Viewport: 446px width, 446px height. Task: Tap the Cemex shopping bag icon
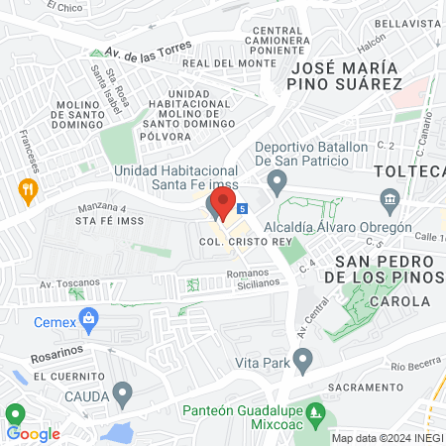click(90, 318)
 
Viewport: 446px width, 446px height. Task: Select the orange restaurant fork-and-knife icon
click(28, 187)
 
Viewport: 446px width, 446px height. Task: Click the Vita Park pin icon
click(303, 358)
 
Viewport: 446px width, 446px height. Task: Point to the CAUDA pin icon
click(122, 394)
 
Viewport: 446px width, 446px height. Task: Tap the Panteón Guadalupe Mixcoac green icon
click(316, 409)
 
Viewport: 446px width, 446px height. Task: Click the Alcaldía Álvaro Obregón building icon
click(390, 203)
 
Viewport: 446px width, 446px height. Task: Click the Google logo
click(34, 433)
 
